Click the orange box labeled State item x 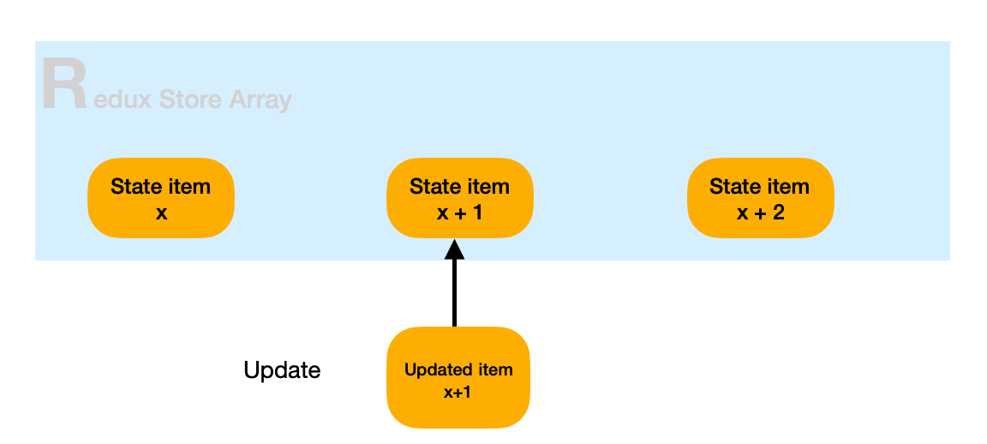(x=161, y=198)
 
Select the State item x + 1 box (x=459, y=198)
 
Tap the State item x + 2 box (x=759, y=198)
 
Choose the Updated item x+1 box (x=458, y=378)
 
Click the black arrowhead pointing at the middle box (x=454, y=249)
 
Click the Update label (x=282, y=370)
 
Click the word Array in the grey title (x=260, y=100)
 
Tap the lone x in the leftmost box (x=161, y=211)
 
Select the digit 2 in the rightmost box (x=778, y=211)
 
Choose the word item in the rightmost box (x=786, y=187)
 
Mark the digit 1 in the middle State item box (x=477, y=211)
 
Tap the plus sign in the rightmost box (x=760, y=212)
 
